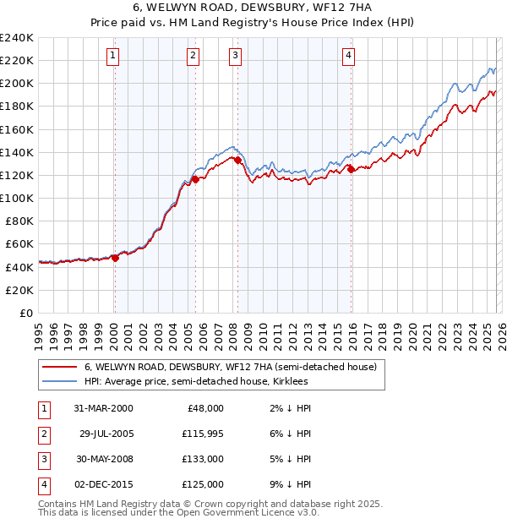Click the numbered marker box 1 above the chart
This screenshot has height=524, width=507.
(113, 56)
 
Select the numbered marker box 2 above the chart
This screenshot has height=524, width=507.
(194, 56)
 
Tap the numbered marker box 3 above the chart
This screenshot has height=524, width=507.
(235, 56)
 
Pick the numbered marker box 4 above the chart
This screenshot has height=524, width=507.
(348, 56)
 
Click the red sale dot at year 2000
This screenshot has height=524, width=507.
(116, 259)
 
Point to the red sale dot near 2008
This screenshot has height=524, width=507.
(238, 160)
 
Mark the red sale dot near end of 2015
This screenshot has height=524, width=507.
(351, 170)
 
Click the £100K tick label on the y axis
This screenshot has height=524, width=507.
(16, 198)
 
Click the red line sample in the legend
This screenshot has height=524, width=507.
(59, 367)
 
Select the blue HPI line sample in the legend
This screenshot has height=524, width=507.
(59, 381)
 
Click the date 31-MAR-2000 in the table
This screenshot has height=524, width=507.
(103, 408)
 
